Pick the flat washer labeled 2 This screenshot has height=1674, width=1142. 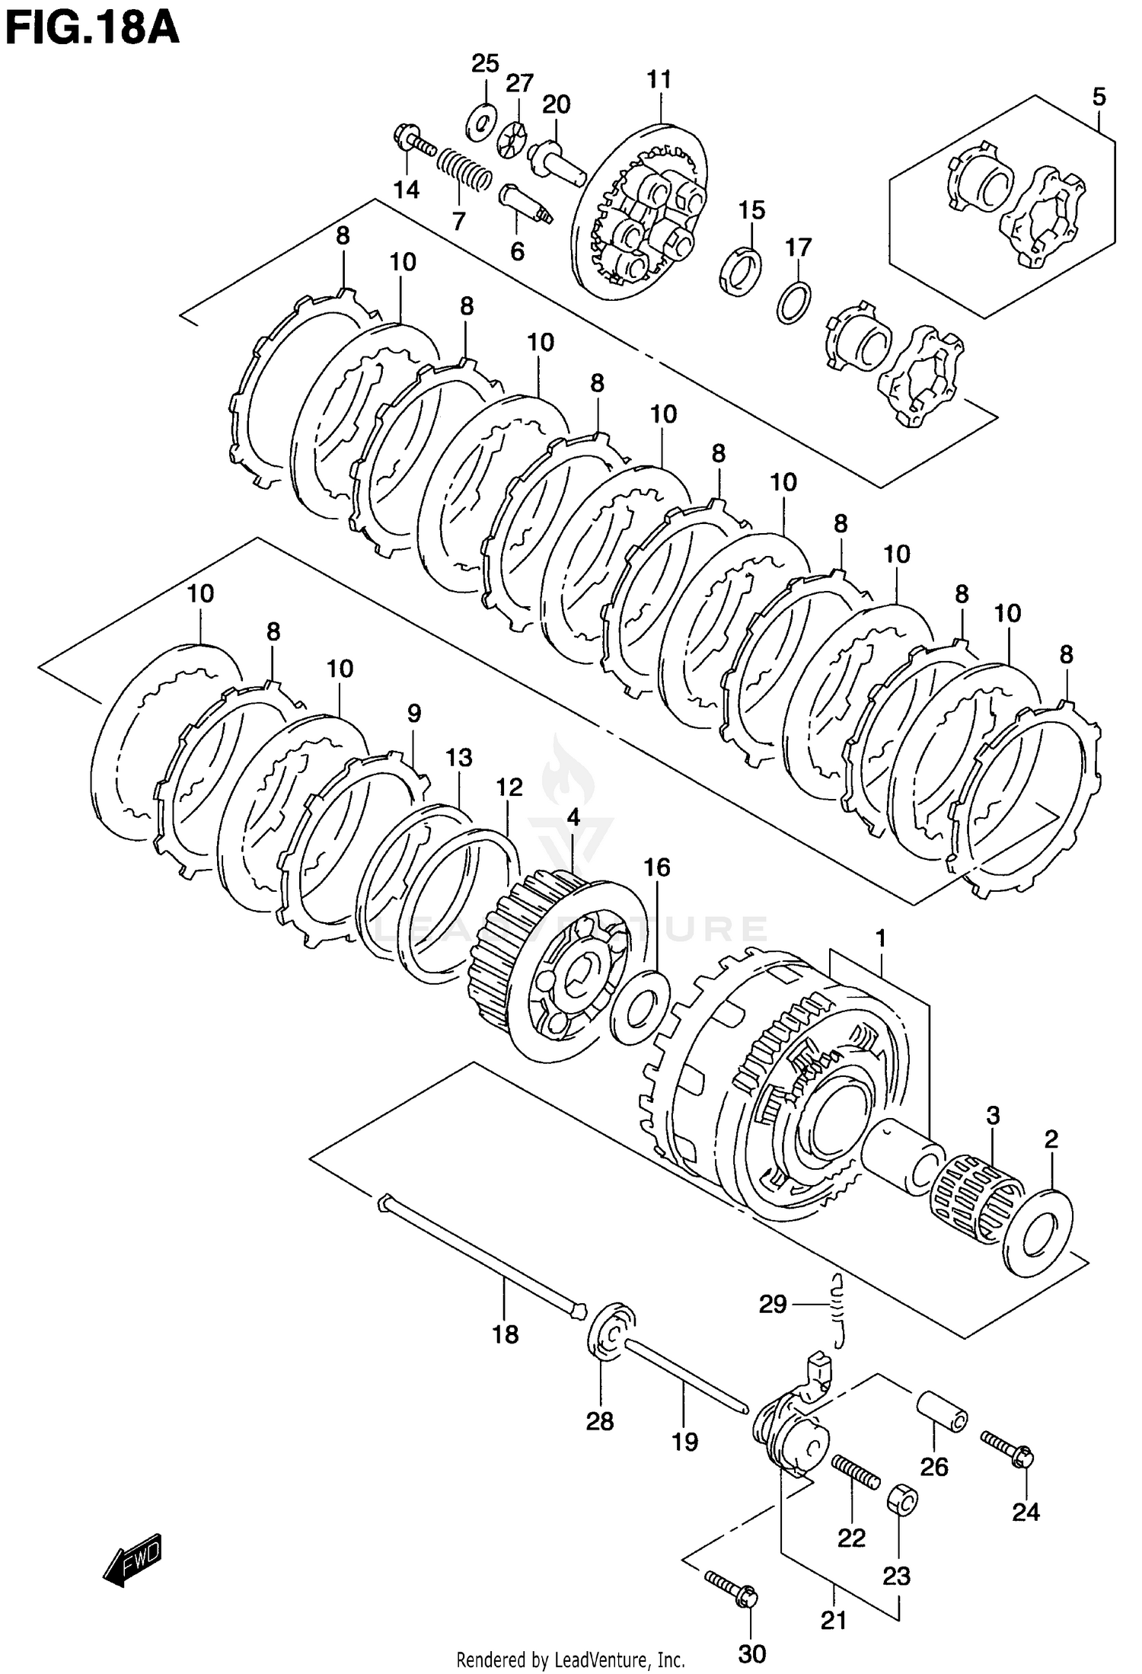(1038, 1232)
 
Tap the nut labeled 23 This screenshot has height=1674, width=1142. (902, 1500)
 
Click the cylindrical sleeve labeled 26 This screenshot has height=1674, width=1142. (941, 1411)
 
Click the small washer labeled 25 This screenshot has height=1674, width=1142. (480, 120)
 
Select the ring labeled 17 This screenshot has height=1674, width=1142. (794, 302)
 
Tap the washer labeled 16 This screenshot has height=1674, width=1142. (639, 1007)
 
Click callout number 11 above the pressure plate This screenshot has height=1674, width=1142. (659, 79)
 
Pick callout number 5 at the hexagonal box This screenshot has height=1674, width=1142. (1098, 97)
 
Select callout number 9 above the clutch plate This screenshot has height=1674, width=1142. (413, 713)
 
